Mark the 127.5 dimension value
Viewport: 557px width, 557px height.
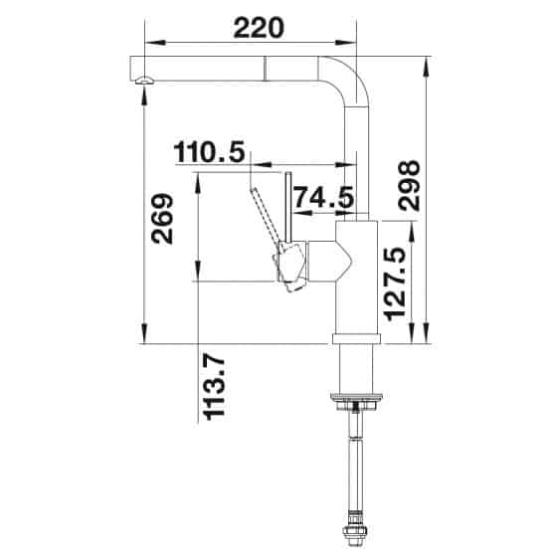(x=396, y=283)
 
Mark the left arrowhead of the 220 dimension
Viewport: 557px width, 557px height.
(x=150, y=43)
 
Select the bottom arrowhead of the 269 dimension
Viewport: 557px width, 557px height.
(x=147, y=338)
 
